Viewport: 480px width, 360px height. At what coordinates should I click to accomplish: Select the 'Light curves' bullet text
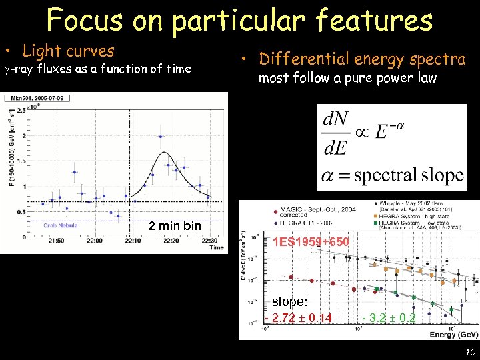point(68,51)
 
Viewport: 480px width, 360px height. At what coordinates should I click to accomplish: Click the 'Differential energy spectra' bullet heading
point(362,59)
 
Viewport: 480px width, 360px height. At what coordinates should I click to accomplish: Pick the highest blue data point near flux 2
point(161,137)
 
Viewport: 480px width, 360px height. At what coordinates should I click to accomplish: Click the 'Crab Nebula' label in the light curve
point(61,225)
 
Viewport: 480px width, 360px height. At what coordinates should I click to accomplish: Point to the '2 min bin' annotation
point(175,226)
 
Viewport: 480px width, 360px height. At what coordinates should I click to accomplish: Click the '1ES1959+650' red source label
point(311,241)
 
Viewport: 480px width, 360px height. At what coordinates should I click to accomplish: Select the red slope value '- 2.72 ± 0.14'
point(301,317)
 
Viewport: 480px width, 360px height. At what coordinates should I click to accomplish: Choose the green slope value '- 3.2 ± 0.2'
point(389,317)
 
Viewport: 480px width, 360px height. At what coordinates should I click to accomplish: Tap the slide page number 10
point(470,351)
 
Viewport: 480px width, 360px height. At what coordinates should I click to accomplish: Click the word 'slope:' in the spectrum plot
point(289,302)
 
